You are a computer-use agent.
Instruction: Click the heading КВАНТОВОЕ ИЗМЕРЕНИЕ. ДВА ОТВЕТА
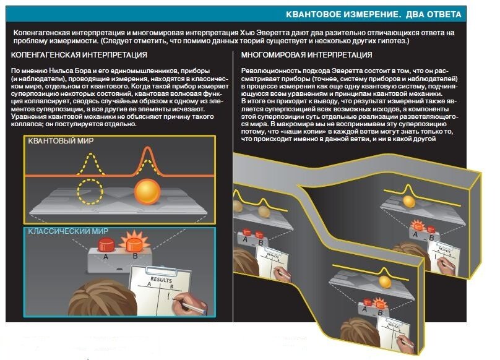(373, 14)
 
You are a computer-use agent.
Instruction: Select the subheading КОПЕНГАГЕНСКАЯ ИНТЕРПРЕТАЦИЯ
(79, 55)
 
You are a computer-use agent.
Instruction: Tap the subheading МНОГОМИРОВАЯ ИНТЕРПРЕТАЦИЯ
(306, 55)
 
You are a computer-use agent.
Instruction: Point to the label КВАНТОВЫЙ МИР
(61, 140)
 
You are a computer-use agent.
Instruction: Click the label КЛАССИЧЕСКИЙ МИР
(68, 231)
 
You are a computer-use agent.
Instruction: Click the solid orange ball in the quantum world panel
(147, 192)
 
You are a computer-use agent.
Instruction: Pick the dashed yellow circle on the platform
(90, 192)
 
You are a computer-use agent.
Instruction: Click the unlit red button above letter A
(106, 244)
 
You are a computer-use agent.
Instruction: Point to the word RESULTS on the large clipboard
(161, 280)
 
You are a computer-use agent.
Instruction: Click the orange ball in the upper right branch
(408, 202)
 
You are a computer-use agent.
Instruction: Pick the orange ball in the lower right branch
(385, 282)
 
